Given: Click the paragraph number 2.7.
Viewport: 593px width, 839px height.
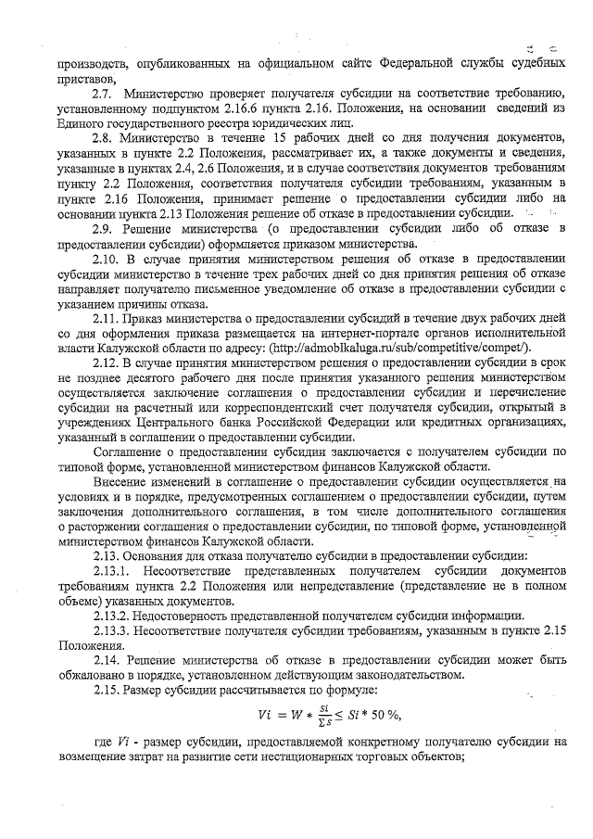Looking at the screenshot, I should point(103,95).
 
